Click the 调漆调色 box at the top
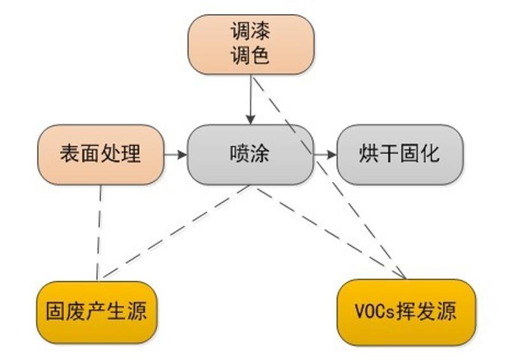(250, 44)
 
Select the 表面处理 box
(100, 155)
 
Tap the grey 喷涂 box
(250, 155)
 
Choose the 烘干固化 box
(399, 155)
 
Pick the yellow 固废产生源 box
(97, 312)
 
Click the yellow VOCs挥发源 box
(405, 312)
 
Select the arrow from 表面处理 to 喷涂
(175, 155)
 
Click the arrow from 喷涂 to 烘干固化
(325, 155)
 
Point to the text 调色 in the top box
(250, 55)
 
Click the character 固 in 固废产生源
(56, 312)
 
